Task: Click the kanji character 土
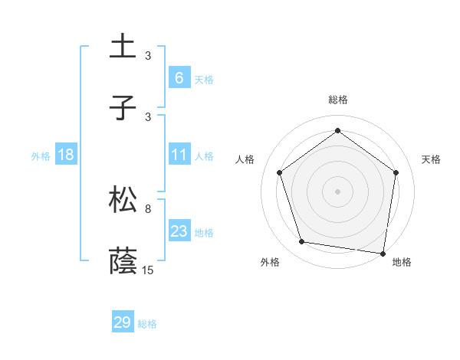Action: tap(123, 47)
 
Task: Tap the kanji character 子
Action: tap(123, 108)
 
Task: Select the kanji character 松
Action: tap(123, 200)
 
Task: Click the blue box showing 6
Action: tap(179, 77)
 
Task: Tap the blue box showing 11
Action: tap(179, 155)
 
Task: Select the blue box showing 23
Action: tap(179, 231)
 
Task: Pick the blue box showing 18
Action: tap(65, 155)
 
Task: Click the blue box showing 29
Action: tap(123, 322)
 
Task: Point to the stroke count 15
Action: tap(148, 270)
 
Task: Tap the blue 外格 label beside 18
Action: tap(41, 155)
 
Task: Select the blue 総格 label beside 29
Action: tap(147, 324)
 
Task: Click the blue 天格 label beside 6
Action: tap(203, 79)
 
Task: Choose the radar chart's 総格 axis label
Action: tap(337, 100)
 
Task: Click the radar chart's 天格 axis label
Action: tap(431, 159)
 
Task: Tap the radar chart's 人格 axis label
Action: tap(245, 159)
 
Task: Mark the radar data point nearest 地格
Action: tap(383, 253)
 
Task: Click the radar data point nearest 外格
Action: tap(302, 242)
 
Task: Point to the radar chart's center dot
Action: tap(337, 191)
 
